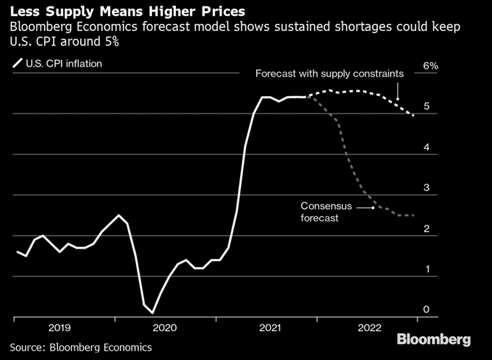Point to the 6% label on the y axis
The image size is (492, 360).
pyautogui.click(x=430, y=66)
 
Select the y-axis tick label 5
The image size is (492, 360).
pyautogui.click(x=427, y=106)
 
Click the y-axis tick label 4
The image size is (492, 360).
pyautogui.click(x=427, y=147)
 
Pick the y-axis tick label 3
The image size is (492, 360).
pyautogui.click(x=427, y=188)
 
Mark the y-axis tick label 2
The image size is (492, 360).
pyautogui.click(x=427, y=229)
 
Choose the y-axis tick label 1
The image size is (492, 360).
pyautogui.click(x=427, y=270)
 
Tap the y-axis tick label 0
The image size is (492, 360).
pyautogui.click(x=427, y=310)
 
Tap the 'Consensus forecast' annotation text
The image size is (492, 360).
pyautogui.click(x=326, y=211)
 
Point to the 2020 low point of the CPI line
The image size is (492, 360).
pyautogui.click(x=152, y=312)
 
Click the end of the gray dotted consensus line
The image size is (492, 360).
pyautogui.click(x=413, y=215)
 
